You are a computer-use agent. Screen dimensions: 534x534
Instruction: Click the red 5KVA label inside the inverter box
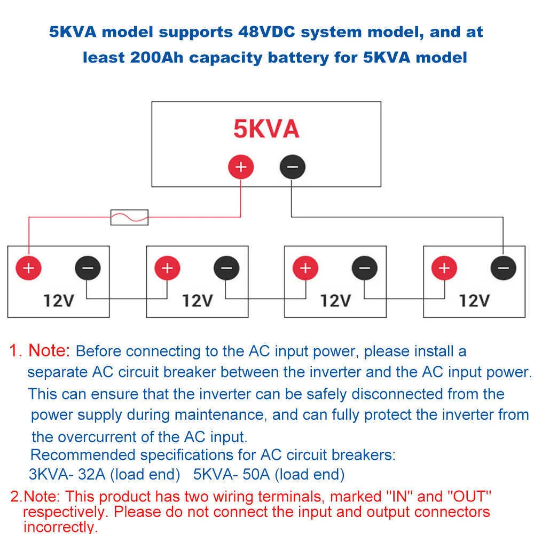pyautogui.click(x=266, y=129)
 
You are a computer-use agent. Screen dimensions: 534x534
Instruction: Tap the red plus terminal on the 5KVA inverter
pyautogui.click(x=241, y=167)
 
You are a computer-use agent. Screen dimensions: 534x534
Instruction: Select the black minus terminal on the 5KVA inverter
pyautogui.click(x=292, y=167)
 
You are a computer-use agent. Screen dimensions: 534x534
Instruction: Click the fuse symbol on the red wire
pyautogui.click(x=129, y=217)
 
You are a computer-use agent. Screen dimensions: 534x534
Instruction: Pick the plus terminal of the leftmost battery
pyautogui.click(x=29, y=268)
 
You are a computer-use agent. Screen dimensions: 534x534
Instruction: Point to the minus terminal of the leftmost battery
pyautogui.click(x=88, y=268)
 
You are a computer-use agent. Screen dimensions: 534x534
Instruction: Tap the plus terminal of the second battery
pyautogui.click(x=167, y=268)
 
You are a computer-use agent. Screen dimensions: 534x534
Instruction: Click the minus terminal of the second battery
pyautogui.click(x=226, y=268)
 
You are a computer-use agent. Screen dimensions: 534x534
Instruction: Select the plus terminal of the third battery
pyautogui.click(x=305, y=268)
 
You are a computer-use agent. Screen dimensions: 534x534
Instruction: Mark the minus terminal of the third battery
pyautogui.click(x=364, y=268)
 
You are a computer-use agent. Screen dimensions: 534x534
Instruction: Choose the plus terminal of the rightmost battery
pyautogui.click(x=444, y=268)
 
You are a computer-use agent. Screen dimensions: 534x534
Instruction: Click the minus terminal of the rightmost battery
pyautogui.click(x=504, y=268)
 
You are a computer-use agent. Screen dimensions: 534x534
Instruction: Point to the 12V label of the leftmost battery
pyautogui.click(x=59, y=301)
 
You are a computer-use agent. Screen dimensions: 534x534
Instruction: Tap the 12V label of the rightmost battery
pyautogui.click(x=474, y=301)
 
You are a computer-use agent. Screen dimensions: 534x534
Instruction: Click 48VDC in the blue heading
pyautogui.click(x=266, y=32)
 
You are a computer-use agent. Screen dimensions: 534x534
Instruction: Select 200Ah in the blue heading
pyautogui.click(x=157, y=57)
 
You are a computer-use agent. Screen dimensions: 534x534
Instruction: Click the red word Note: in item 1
pyautogui.click(x=49, y=350)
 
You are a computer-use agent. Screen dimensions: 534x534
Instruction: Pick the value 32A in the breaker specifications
pyautogui.click(x=92, y=474)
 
